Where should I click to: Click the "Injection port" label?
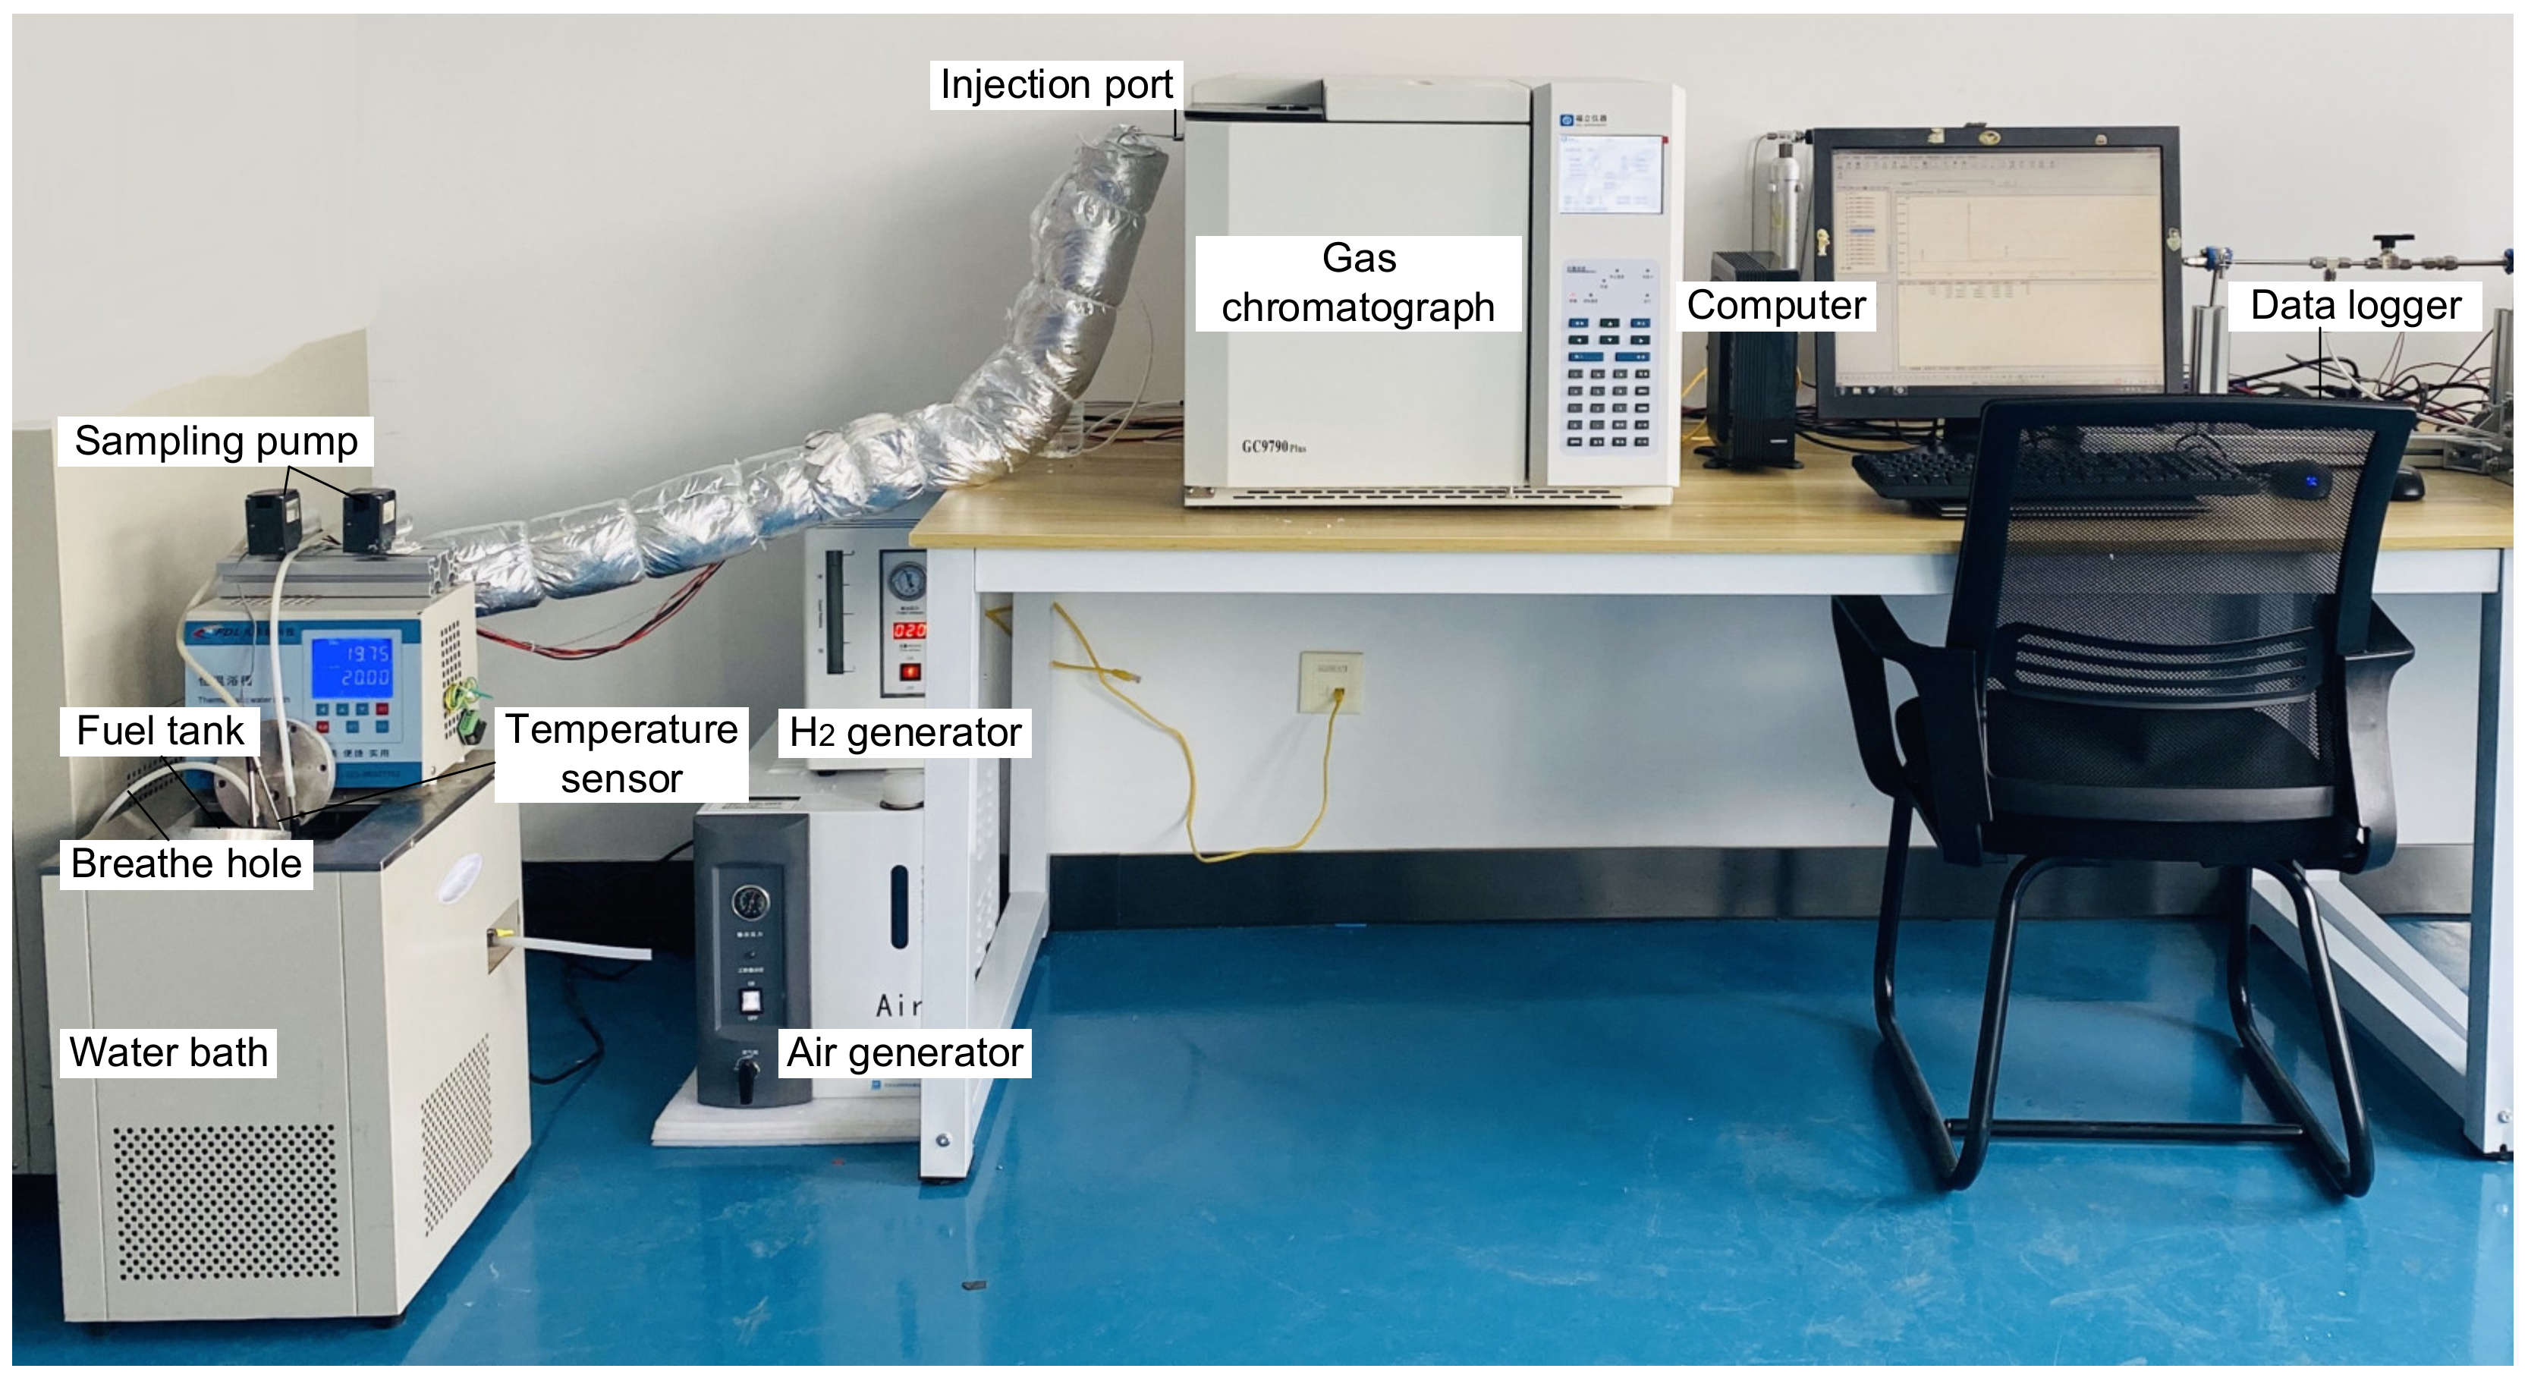(1056, 84)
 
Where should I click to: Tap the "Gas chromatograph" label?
(1358, 283)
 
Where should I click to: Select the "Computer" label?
(1776, 305)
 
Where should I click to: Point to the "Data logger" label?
(2355, 305)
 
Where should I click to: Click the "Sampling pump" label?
(216, 441)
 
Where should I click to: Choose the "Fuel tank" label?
(160, 731)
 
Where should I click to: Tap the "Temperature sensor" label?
(621, 753)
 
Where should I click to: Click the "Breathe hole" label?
(187, 864)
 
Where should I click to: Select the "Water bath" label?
(168, 1052)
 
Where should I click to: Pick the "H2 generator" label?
(905, 732)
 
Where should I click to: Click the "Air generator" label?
(905, 1052)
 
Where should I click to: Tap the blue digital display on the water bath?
(352, 665)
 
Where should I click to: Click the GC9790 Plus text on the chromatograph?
(1273, 448)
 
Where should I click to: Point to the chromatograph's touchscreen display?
(1611, 175)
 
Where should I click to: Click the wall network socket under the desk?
(1331, 681)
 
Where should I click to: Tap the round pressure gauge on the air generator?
(750, 901)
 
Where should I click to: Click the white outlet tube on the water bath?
(579, 948)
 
